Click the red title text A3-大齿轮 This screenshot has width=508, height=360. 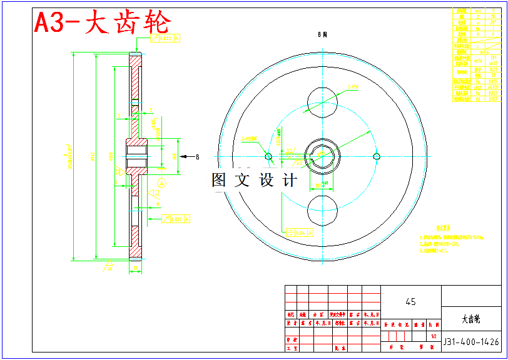coord(102,24)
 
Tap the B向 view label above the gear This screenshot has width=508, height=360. coord(323,36)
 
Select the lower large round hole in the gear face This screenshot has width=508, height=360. coord(323,209)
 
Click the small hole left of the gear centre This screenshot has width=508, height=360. coord(269,156)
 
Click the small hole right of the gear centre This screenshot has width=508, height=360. coord(376,156)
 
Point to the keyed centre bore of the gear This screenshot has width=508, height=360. coord(322,155)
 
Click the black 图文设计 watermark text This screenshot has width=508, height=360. coord(254,181)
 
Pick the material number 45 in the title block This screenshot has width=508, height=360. coord(410,302)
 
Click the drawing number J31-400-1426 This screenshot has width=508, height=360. coord(471,342)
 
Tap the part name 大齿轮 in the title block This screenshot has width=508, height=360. coord(471,319)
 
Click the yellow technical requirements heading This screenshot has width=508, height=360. coord(445,228)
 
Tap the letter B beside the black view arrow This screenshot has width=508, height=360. coord(197,156)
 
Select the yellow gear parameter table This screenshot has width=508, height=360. coord(477,54)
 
